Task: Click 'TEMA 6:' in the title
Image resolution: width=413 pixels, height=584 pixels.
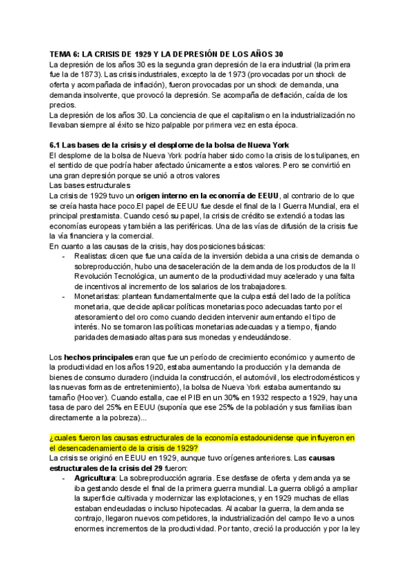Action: pos(68,54)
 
